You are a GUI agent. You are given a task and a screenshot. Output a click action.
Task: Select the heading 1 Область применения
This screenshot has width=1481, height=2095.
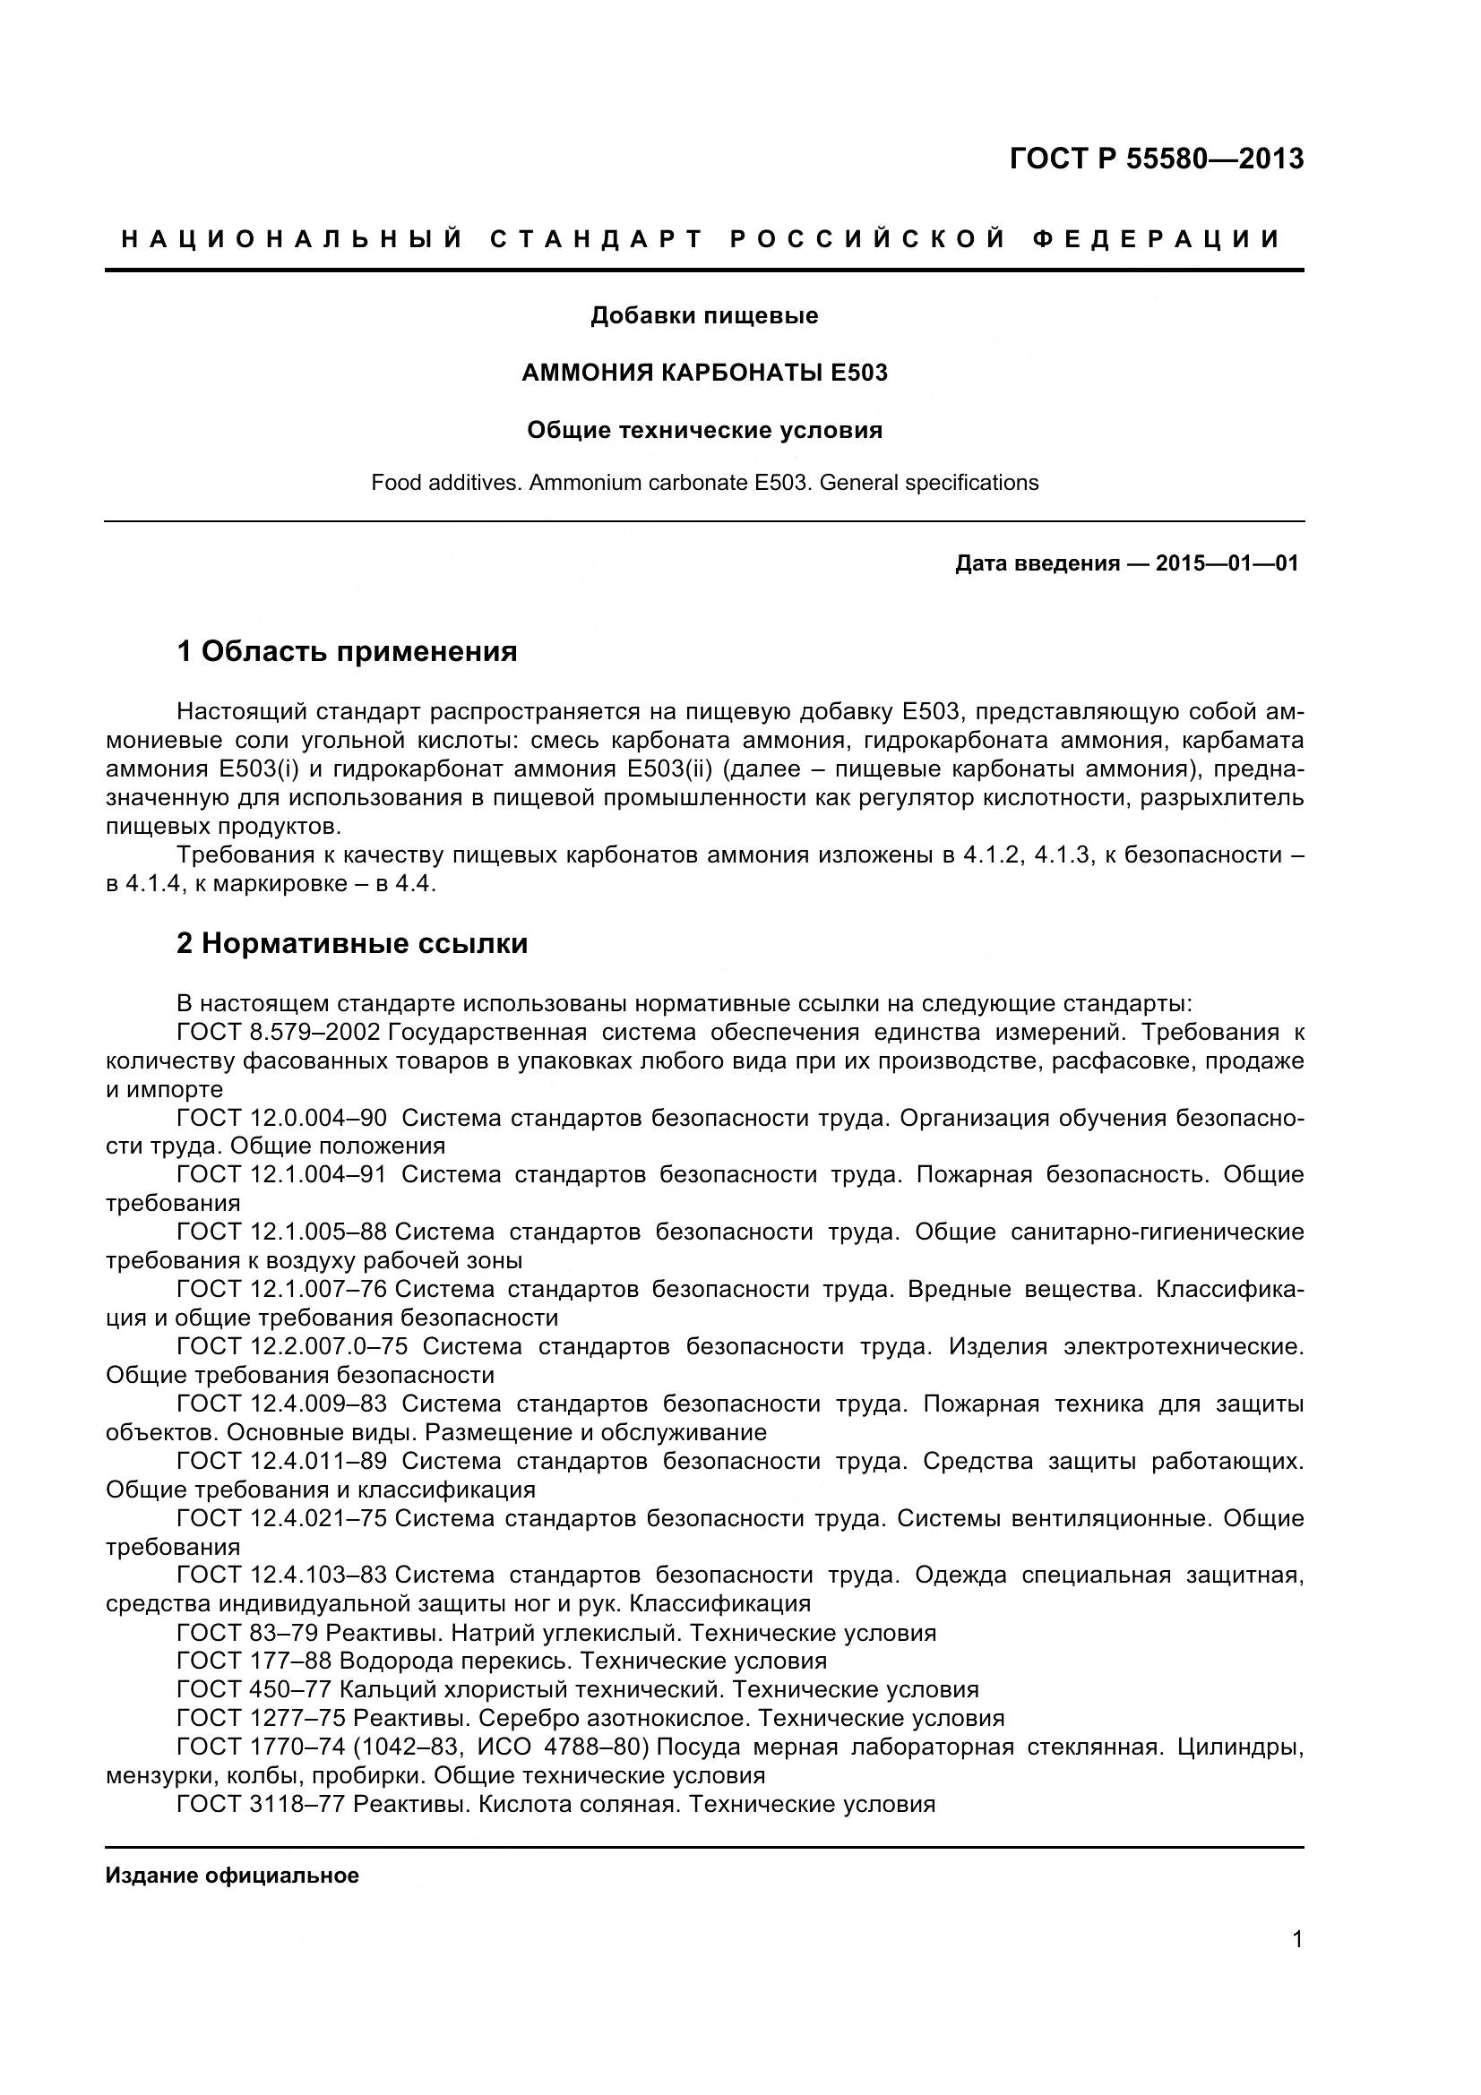(x=347, y=651)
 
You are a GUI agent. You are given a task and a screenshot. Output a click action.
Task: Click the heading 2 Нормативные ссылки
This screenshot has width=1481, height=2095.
(x=352, y=943)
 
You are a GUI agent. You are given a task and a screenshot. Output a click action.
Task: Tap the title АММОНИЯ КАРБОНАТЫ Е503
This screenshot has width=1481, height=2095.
(x=703, y=373)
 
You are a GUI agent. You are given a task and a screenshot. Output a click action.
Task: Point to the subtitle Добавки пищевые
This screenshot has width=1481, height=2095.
(x=703, y=315)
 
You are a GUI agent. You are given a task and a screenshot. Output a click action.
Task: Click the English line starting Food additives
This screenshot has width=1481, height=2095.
(x=703, y=483)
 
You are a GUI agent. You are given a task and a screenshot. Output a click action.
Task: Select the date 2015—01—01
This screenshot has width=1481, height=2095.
(x=1226, y=563)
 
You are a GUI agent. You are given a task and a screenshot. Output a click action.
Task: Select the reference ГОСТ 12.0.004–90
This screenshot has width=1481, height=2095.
(x=281, y=1119)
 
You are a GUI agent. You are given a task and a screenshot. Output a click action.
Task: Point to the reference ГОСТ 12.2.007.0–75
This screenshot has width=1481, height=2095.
(x=292, y=1347)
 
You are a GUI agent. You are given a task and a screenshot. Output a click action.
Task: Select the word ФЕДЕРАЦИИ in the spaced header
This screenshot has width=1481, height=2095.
(x=1156, y=240)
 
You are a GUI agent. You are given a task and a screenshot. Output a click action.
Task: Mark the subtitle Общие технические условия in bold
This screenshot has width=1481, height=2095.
(x=703, y=431)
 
